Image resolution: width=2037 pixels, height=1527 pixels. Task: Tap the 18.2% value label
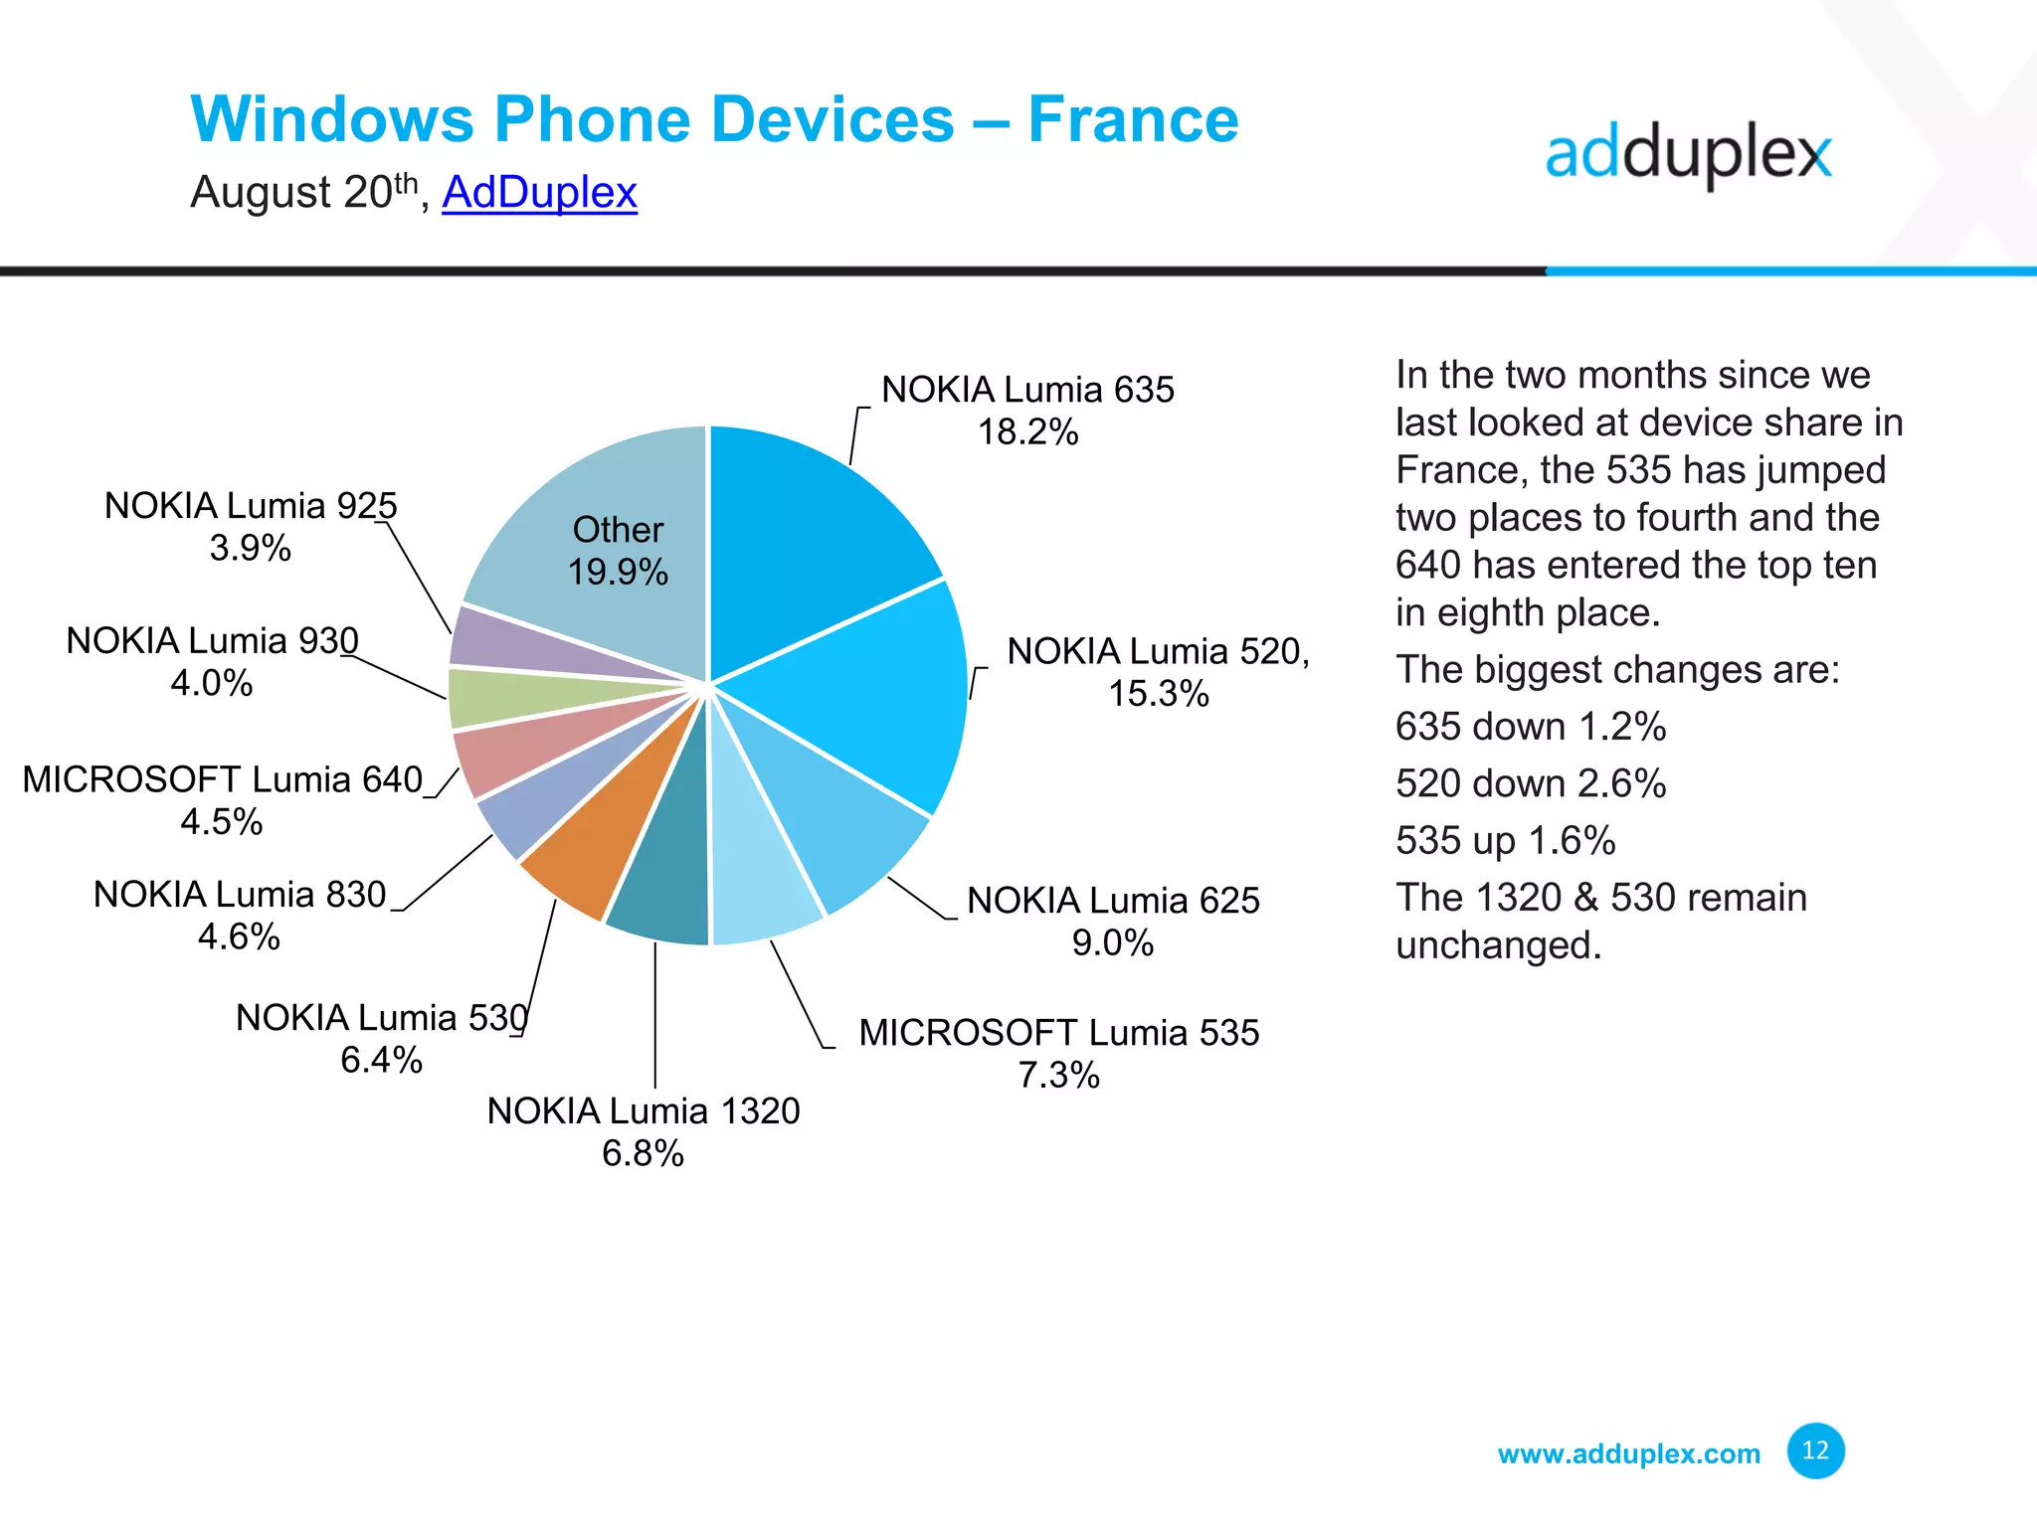coord(1027,432)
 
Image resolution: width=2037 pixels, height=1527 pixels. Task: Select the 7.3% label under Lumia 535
coord(1058,1076)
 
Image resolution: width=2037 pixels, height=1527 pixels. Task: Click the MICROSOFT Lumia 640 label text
coord(223,779)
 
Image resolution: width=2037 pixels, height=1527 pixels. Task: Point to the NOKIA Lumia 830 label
coord(240,895)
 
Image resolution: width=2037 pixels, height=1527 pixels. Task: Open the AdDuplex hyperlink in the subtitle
coord(539,192)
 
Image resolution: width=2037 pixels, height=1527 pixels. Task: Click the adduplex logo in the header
coord(1688,156)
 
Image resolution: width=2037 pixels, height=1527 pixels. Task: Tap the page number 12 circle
coord(1815,1450)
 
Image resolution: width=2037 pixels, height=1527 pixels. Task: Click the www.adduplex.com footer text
coord(1628,1454)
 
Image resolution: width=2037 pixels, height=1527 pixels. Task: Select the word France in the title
coord(1133,119)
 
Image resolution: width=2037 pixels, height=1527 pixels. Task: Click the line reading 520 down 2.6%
coord(1530,783)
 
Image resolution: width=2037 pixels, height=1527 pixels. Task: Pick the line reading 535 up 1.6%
coord(1505,841)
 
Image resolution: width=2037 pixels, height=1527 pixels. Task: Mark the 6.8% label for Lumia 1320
coord(643,1154)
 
